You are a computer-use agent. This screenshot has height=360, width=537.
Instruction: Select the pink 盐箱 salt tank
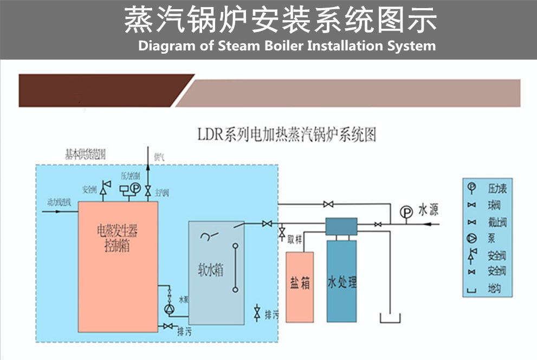(x=300, y=286)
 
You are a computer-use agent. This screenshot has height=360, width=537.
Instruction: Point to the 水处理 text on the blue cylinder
(x=342, y=282)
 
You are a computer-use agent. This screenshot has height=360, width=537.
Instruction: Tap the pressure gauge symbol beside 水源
(x=406, y=212)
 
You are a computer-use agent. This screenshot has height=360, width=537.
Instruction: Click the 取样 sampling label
(x=294, y=237)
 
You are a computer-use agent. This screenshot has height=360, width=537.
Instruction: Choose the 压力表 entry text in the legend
(x=497, y=189)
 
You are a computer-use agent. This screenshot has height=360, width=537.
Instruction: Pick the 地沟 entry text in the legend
(x=494, y=288)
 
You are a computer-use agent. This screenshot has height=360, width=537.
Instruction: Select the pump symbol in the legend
(x=472, y=237)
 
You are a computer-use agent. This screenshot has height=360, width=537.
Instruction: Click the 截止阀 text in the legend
(x=497, y=222)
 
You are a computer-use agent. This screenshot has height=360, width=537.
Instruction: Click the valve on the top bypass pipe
(x=328, y=204)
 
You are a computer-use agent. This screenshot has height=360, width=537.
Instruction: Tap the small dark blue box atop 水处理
(x=341, y=226)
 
